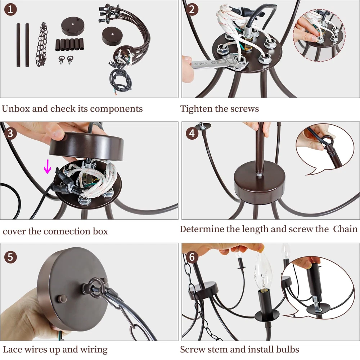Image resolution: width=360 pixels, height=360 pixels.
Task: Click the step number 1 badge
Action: click(x=10, y=10)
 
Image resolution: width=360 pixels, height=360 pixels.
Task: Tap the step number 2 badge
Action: click(x=192, y=10)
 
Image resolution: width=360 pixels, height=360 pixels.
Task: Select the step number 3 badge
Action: click(x=10, y=133)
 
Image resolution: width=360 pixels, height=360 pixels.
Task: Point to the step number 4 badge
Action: click(x=192, y=133)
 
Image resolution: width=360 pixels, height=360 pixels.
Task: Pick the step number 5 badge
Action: click(x=10, y=257)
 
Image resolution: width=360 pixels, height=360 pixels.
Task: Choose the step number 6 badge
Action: click(x=192, y=257)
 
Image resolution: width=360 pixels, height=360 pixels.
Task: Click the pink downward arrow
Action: click(x=47, y=167)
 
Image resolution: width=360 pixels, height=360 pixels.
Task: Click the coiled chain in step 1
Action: click(x=42, y=45)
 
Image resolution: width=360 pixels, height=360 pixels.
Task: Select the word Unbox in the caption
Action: click(x=15, y=109)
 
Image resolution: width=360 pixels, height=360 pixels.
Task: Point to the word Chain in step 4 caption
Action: click(x=345, y=229)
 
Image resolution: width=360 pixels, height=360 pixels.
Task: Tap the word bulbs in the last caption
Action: click(x=287, y=350)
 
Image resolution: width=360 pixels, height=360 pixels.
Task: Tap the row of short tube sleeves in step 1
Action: click(x=69, y=45)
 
